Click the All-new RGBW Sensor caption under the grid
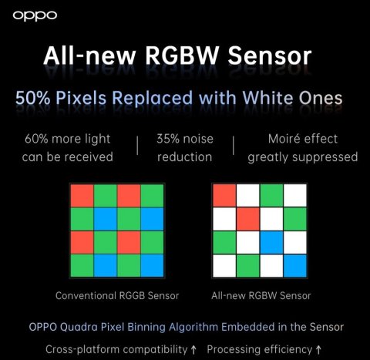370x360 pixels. pos(262,294)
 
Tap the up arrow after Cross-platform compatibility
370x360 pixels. pos(193,348)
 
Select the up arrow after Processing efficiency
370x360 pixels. pos(318,348)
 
